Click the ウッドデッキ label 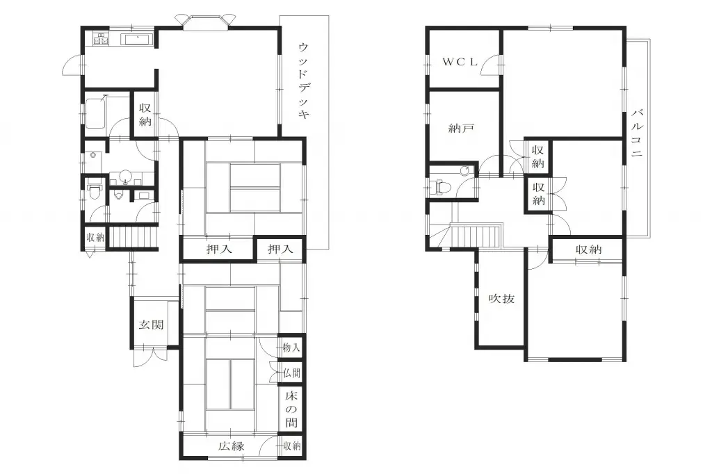click(x=303, y=81)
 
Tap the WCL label click(x=461, y=61)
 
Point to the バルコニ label click(x=636, y=135)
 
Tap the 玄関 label click(x=151, y=324)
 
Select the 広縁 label click(x=229, y=446)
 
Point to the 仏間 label click(x=292, y=373)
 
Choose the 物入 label click(x=292, y=347)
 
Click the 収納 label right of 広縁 click(x=292, y=446)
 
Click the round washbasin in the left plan click(x=126, y=177)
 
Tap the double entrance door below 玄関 click(x=151, y=354)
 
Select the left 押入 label click(x=219, y=249)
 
